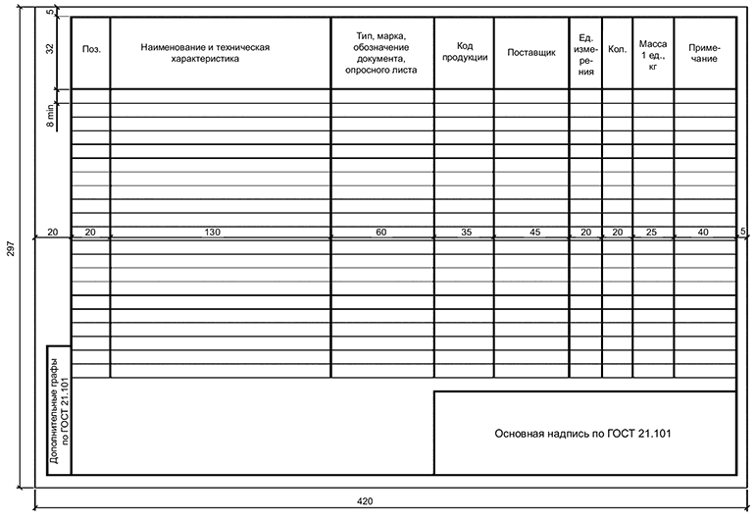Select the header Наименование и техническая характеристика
click(x=205, y=52)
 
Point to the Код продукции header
click(x=463, y=52)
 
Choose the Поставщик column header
click(x=530, y=52)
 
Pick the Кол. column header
click(x=617, y=48)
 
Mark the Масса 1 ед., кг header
click(x=652, y=53)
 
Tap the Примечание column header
click(x=704, y=53)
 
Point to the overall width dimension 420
click(x=365, y=501)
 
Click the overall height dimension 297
click(x=9, y=250)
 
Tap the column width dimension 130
click(x=212, y=233)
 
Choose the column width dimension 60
click(x=381, y=233)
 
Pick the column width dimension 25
click(x=652, y=233)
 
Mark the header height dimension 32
click(x=50, y=52)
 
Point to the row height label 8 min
click(x=50, y=117)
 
